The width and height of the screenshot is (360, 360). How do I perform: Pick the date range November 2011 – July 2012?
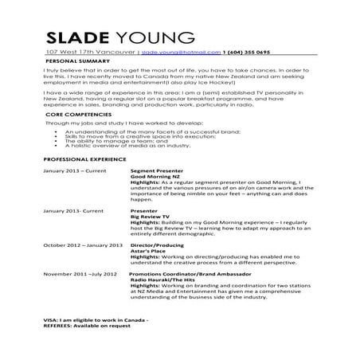(x=80, y=274)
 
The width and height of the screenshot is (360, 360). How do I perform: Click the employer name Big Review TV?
(x=150, y=216)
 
